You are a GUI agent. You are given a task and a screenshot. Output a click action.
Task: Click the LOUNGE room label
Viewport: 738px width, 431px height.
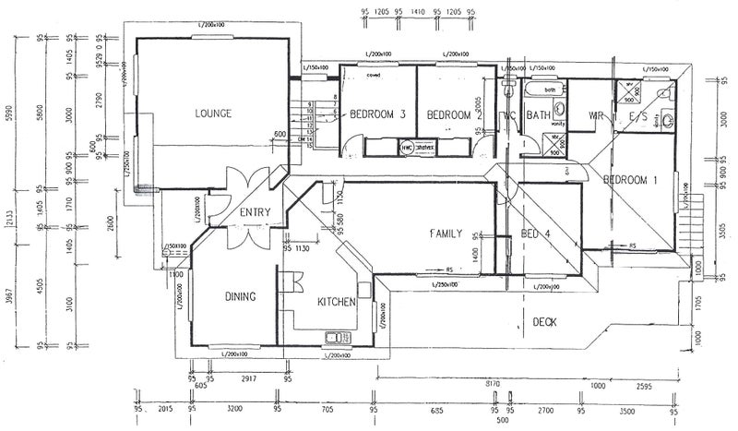[213, 114]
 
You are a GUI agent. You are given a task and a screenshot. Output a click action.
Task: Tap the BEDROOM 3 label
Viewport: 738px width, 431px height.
[378, 115]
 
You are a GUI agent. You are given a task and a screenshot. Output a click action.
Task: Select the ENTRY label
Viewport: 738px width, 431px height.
[255, 213]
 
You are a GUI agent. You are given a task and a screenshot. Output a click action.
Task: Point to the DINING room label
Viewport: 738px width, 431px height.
[240, 296]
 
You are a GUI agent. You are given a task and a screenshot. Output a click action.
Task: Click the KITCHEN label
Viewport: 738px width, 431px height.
[336, 303]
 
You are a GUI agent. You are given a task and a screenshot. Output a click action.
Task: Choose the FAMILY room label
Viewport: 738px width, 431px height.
[445, 234]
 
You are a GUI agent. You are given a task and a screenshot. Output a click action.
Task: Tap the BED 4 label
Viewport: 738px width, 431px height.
[535, 233]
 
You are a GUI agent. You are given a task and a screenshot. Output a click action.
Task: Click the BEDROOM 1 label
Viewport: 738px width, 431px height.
[630, 180]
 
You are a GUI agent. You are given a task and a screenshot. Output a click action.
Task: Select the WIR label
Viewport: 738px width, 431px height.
[595, 115]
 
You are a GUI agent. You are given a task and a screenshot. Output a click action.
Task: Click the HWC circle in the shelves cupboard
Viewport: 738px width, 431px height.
[407, 146]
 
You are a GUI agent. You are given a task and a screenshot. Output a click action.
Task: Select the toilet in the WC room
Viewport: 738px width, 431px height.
[507, 91]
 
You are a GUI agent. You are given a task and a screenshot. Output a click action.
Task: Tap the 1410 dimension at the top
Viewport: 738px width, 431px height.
[417, 13]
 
